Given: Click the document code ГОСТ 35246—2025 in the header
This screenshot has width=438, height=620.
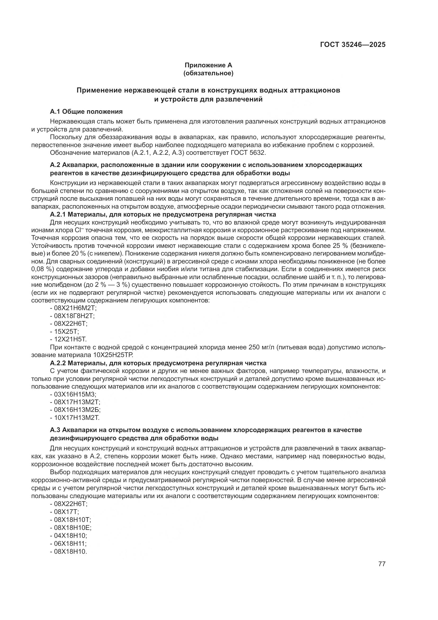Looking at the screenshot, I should (x=352, y=45).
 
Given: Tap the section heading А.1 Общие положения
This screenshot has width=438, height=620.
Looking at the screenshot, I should (x=86, y=112).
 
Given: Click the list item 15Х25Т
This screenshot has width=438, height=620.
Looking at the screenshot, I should (x=66, y=331).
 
